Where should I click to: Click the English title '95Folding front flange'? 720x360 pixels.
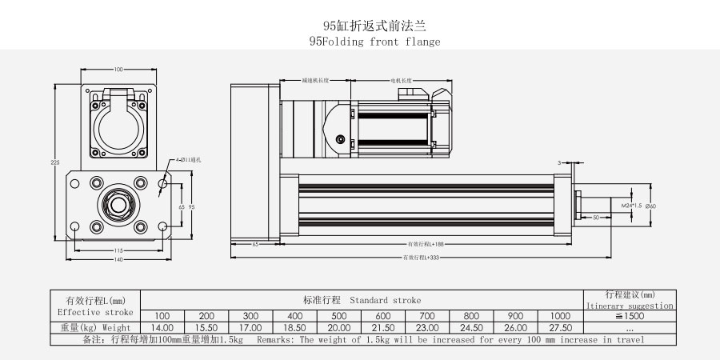pos(374,42)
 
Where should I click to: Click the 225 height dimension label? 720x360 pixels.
pos(55,162)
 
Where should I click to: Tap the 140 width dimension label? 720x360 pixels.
pos(118,259)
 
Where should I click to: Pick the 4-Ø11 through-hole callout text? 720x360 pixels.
pos(189,161)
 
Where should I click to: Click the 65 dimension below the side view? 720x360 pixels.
pos(254,242)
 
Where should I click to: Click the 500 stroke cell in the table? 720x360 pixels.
pos(339,316)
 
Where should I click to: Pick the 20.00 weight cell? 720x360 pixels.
pos(339,328)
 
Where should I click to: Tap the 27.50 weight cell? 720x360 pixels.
pos(561,328)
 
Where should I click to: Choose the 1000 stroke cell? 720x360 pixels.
pos(561,316)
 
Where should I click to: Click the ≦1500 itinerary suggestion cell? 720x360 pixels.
pos(630,316)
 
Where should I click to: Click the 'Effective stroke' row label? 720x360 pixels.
pos(95,312)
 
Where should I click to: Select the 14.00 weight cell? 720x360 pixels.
pos(162,328)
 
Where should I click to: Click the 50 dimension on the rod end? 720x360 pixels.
pos(596,217)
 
